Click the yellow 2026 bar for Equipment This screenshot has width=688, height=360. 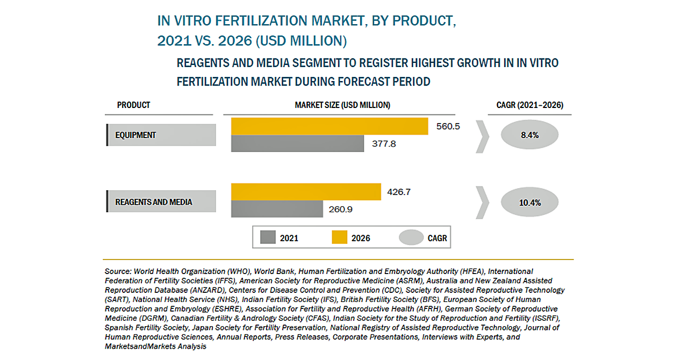point(329,126)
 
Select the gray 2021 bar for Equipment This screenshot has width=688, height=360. point(297,143)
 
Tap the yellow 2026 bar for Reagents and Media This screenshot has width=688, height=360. point(306,192)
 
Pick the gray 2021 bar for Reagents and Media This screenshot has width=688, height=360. point(277,209)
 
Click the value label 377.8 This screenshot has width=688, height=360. point(384,143)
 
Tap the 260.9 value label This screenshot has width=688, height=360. point(340,209)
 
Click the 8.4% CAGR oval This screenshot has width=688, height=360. point(529,135)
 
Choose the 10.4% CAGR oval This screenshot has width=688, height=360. point(529,203)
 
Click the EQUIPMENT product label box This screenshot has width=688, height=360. point(161,135)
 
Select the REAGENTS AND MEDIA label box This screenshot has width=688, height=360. point(161,202)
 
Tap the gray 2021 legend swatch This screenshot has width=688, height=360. point(268,237)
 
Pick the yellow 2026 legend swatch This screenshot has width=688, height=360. point(339,237)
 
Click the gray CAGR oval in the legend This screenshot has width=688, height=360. point(411,237)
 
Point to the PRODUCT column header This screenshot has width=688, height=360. point(134,105)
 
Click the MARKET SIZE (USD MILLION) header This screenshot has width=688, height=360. point(342,105)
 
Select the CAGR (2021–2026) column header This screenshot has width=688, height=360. point(529,105)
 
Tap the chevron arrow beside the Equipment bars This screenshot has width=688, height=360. point(483,135)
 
